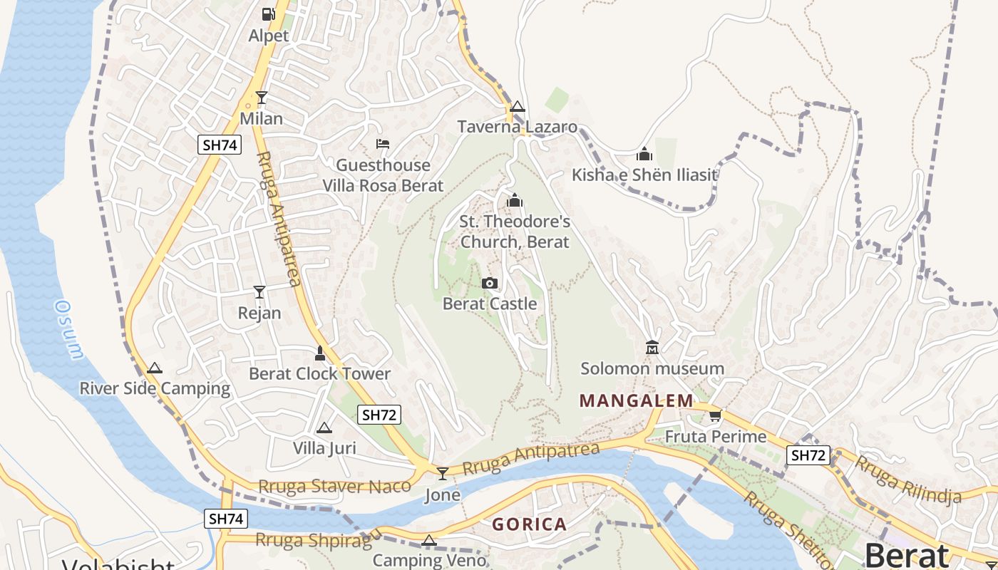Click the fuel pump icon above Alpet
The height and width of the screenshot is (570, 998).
268,14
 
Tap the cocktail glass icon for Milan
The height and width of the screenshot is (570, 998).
262,98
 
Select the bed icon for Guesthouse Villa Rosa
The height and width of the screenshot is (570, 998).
383,144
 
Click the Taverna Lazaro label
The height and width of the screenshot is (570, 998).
517,127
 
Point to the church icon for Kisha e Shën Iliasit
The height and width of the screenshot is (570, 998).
644,154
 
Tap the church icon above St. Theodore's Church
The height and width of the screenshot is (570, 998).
515,201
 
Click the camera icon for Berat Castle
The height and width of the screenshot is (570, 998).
489,284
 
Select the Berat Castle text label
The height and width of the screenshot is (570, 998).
490,304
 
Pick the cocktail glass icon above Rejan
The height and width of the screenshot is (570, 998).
259,292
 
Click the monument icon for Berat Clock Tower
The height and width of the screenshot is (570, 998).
320,353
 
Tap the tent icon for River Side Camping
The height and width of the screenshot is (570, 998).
155,368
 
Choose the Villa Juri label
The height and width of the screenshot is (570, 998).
324,448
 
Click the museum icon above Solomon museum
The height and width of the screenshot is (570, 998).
652,348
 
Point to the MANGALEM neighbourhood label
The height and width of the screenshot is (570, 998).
636,400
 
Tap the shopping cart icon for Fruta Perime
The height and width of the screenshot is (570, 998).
715,415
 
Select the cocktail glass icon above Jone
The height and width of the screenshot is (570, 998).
443,474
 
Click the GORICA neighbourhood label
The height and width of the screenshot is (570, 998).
530,524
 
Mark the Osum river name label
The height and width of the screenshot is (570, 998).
69,329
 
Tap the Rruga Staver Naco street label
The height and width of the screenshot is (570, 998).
334,487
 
